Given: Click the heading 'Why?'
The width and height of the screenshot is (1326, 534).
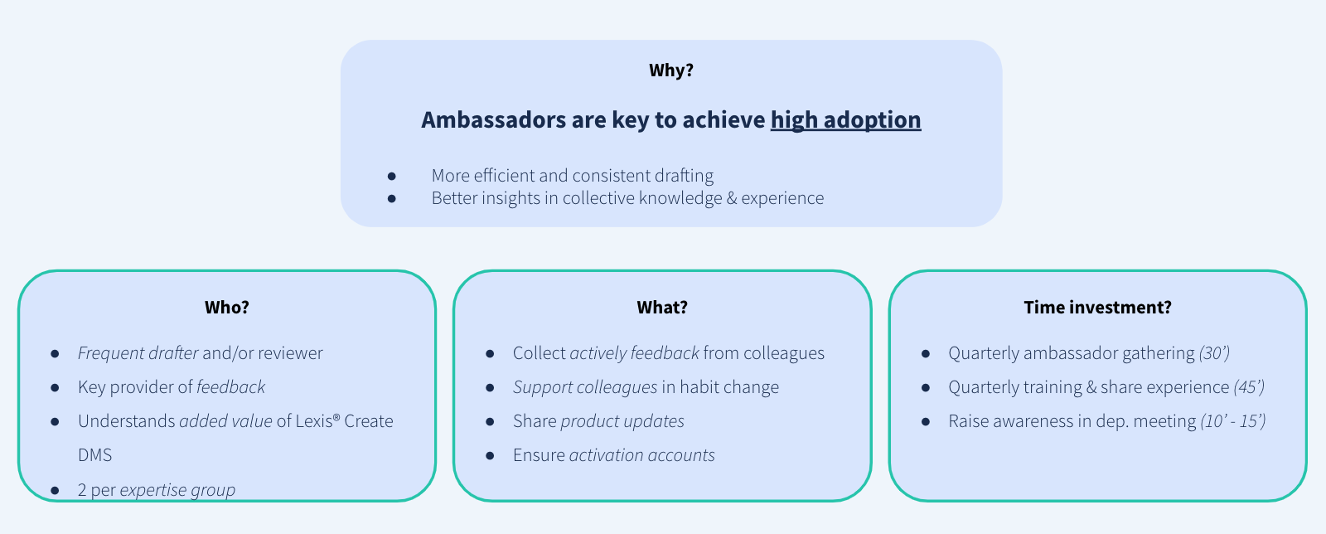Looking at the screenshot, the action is [x=670, y=70].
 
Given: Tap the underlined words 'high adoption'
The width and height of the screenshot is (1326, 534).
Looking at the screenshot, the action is [x=845, y=120].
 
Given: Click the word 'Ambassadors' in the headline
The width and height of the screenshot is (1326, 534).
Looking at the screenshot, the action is [x=494, y=120].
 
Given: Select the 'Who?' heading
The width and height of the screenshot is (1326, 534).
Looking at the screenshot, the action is [x=227, y=308].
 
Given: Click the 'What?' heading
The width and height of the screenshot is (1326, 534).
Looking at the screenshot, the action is [x=662, y=308].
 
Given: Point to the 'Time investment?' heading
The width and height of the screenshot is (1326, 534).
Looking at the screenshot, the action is [x=1097, y=308].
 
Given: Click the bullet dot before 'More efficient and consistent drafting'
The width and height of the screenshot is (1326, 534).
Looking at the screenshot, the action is [x=391, y=176].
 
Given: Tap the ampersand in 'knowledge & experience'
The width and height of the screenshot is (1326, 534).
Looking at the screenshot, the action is [x=732, y=197].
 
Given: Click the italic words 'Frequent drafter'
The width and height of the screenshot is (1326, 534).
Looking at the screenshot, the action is [x=138, y=353].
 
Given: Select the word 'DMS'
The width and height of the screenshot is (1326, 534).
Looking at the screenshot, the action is [x=94, y=454].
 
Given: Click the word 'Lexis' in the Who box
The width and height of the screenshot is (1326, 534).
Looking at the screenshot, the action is [x=314, y=421].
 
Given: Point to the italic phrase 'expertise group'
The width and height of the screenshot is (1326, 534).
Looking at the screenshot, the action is [x=177, y=490].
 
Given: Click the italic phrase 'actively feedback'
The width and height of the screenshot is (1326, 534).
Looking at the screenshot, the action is [x=634, y=353].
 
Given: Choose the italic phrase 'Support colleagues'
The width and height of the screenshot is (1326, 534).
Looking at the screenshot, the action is [x=585, y=387].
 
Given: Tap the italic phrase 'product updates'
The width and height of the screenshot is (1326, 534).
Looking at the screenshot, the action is [x=622, y=421].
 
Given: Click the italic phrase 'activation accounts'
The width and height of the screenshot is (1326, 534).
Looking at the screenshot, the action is [x=641, y=454].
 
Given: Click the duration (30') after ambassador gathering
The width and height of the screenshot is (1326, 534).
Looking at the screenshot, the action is [x=1214, y=353].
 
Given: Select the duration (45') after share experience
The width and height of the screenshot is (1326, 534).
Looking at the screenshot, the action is [x=1249, y=387].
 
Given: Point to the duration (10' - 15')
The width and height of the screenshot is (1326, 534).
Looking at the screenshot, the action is [x=1233, y=421].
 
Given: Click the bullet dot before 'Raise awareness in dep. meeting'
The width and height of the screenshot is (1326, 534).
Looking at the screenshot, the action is [x=925, y=421].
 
